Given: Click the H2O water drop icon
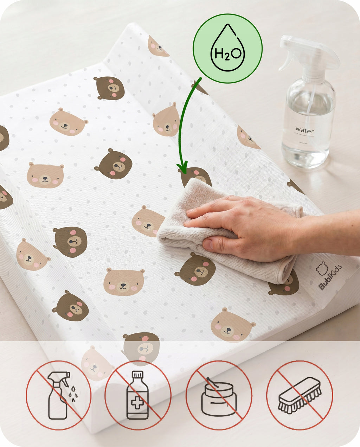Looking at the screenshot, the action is pos(228,48).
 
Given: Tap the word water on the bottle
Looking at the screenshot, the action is pos(304,130).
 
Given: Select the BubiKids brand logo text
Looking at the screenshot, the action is pos(330,277).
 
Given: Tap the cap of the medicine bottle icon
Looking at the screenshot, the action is pos(138,374).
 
